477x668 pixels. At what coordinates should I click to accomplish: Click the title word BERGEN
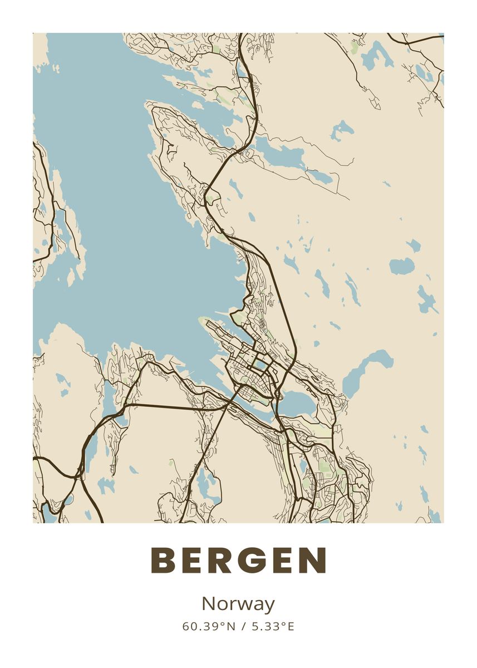pyautogui.click(x=238, y=561)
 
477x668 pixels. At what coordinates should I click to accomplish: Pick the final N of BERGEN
pyautogui.click(x=313, y=561)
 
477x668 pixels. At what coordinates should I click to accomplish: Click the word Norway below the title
pyautogui.click(x=238, y=604)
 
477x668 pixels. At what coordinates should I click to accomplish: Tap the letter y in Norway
pyautogui.click(x=269, y=606)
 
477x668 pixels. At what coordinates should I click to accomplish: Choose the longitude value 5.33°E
pyautogui.click(x=273, y=626)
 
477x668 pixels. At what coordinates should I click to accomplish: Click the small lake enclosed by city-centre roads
pyautogui.click(x=260, y=365)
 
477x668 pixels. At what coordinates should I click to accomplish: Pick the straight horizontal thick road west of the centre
pyautogui.click(x=173, y=406)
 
